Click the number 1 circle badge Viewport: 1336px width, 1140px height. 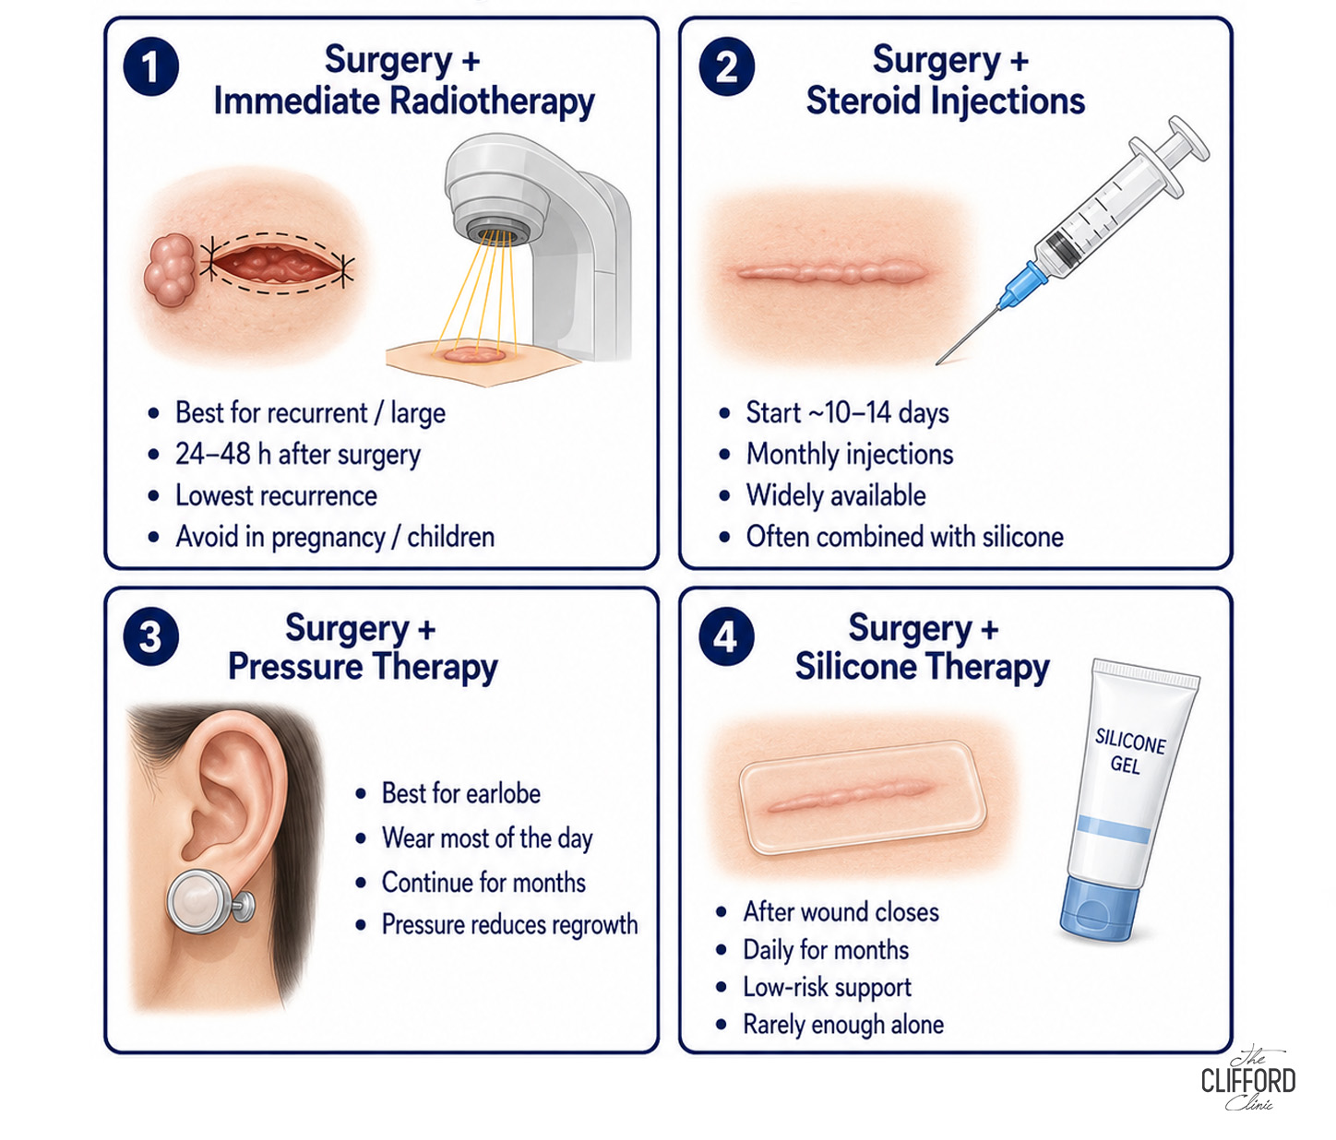150,66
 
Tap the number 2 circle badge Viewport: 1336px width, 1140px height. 726,66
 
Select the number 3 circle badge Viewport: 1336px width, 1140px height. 150,636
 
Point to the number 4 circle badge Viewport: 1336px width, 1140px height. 726,636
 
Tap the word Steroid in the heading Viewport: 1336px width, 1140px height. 863,101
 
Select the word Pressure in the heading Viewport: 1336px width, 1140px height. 294,667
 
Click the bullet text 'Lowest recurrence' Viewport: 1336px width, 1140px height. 276,495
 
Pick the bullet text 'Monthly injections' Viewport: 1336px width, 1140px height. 849,455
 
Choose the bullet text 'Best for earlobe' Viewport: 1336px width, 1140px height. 460,793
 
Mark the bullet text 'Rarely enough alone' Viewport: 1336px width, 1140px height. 842,1025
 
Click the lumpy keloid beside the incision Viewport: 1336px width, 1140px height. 170,269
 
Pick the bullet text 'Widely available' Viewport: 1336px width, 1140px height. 836,495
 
